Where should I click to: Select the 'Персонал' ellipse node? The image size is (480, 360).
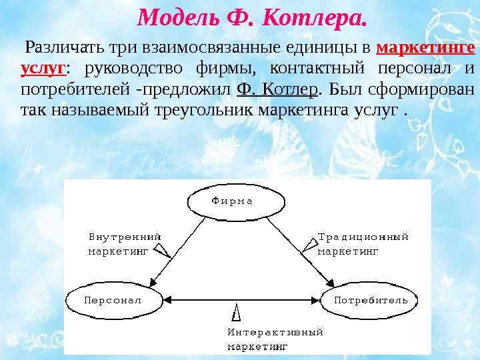pyautogui.click(x=113, y=300)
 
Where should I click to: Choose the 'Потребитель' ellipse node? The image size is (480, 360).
pyautogui.click(x=370, y=300)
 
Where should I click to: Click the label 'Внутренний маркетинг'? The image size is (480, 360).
pyautogui.click(x=125, y=243)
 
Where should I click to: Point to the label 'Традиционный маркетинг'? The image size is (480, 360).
pyautogui.click(x=362, y=243)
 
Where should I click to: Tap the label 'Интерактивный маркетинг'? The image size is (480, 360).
pyautogui.click(x=275, y=339)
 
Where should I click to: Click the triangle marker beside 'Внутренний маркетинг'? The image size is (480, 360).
pyautogui.click(x=162, y=250)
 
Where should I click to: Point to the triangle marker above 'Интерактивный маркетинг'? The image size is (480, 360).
pyautogui.click(x=237, y=312)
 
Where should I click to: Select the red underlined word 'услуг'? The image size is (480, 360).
pyautogui.click(x=43, y=69)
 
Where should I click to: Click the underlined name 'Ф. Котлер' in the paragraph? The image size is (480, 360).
pyautogui.click(x=277, y=89)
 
